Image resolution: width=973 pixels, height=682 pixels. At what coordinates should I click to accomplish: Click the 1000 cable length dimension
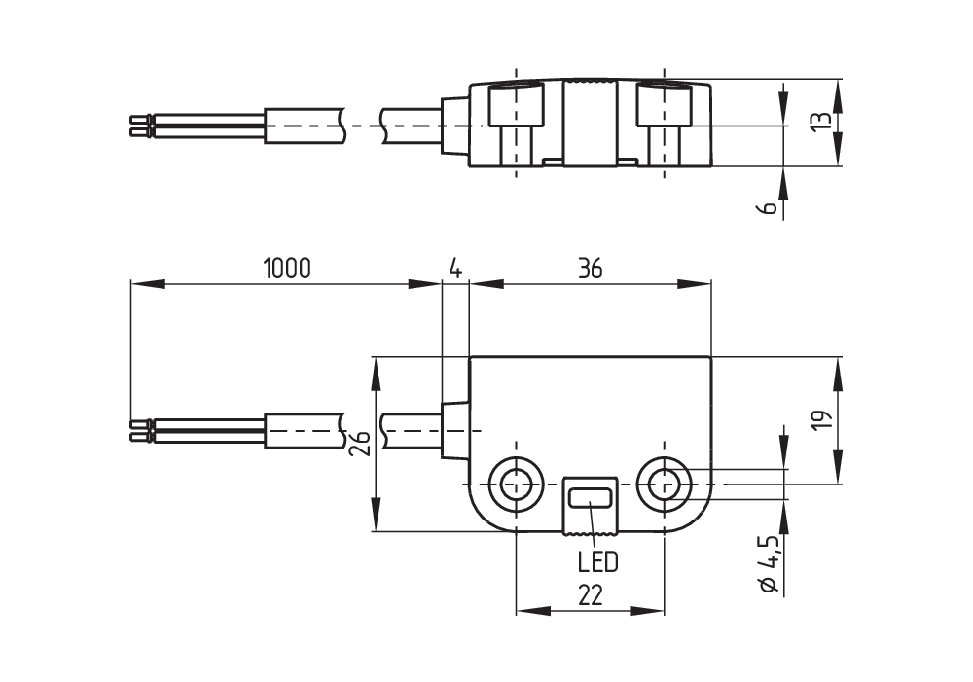point(287,269)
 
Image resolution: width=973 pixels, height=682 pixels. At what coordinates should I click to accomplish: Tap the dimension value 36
point(591,269)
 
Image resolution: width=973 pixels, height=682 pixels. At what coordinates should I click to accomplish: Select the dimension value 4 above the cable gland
point(455,269)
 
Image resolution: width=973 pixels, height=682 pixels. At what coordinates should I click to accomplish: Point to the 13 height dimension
point(820,121)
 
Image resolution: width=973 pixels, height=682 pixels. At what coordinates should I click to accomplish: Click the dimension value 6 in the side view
point(769,208)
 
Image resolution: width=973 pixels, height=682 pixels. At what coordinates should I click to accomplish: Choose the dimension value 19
point(821,420)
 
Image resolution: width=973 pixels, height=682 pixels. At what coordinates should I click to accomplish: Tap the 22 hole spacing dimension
point(591,595)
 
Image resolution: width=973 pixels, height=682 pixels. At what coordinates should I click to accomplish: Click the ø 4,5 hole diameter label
point(770,563)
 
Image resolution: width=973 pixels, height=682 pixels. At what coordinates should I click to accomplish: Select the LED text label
point(598,562)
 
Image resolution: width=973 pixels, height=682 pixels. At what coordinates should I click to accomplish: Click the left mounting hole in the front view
point(516,485)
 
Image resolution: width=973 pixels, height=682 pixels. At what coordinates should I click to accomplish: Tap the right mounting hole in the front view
point(664,485)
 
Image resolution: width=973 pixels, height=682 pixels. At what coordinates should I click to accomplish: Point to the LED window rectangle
point(591,498)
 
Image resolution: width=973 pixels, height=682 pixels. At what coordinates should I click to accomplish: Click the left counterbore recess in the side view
point(516,104)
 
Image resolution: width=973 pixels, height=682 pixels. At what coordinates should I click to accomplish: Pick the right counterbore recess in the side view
point(664,104)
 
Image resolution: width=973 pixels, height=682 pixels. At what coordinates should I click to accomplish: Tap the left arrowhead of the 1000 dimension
point(148,284)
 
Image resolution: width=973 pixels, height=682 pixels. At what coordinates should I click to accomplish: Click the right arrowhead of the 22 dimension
point(647,611)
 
